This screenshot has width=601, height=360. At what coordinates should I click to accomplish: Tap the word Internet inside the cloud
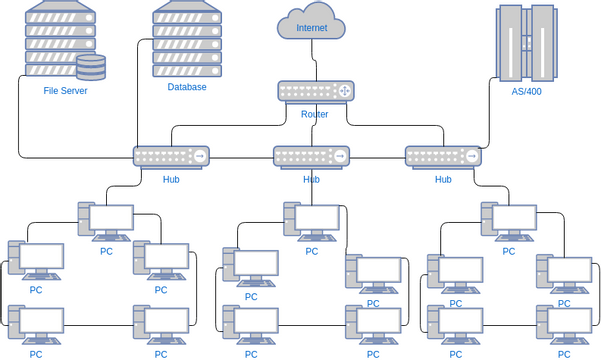(311, 28)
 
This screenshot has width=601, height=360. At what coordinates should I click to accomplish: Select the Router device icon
(316, 91)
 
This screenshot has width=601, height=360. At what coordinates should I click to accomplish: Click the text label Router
(315, 114)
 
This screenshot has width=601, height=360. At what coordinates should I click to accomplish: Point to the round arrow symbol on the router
(343, 91)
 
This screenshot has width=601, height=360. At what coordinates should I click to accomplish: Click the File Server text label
(65, 91)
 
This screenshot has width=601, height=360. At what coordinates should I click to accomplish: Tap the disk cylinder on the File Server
(91, 67)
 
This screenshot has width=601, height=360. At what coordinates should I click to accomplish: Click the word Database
(187, 87)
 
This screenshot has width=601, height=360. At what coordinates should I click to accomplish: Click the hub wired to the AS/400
(443, 156)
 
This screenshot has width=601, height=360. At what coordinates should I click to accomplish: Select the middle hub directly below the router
(311, 156)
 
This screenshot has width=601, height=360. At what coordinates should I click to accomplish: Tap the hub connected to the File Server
(171, 156)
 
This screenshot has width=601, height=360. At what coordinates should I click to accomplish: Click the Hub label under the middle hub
(311, 180)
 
